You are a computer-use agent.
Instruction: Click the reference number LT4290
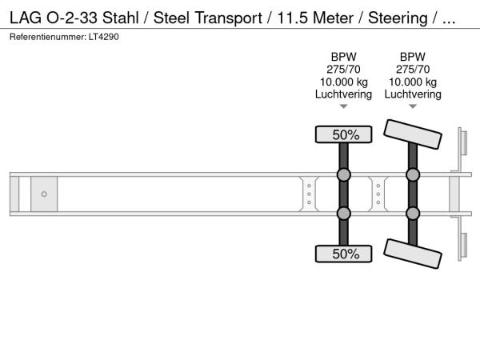click(x=104, y=37)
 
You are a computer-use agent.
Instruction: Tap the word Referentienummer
click(x=48, y=37)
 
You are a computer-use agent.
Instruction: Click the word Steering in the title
click(x=398, y=18)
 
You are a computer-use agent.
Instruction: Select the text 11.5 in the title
click(x=292, y=18)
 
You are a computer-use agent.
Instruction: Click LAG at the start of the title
click(x=26, y=18)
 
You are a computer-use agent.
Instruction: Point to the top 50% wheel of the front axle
click(x=343, y=134)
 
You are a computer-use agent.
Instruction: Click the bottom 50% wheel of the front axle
click(x=343, y=254)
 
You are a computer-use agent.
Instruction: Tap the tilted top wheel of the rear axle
click(x=413, y=134)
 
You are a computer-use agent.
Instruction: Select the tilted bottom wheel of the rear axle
click(x=413, y=254)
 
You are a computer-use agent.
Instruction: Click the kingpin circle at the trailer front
click(x=44, y=194)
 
